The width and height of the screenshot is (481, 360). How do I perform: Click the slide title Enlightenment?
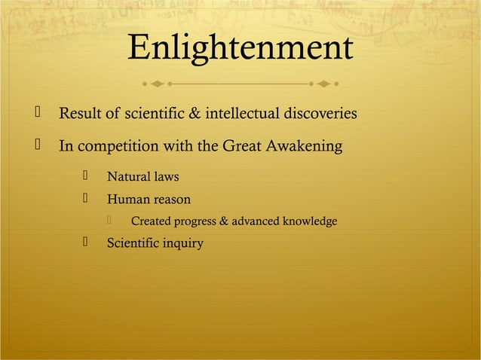click(x=240, y=49)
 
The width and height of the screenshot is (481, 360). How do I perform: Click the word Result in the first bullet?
click(x=80, y=114)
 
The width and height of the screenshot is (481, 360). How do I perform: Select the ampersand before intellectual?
click(x=193, y=114)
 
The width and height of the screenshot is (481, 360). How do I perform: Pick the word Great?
click(x=240, y=146)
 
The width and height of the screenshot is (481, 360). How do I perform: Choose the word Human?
click(x=128, y=200)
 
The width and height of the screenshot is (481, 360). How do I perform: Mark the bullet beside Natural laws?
click(x=87, y=177)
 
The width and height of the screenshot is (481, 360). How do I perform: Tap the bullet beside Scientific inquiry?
click(x=87, y=243)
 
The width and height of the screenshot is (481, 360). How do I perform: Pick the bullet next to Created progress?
click(x=110, y=221)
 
